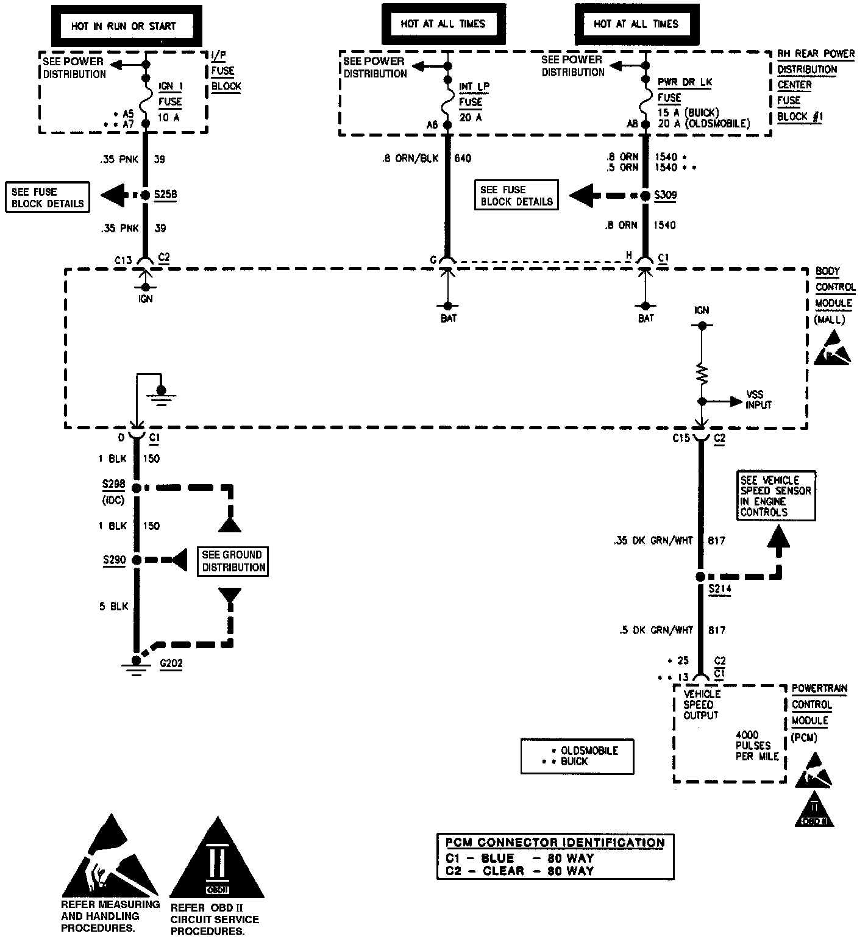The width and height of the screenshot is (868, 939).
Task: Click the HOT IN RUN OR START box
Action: (x=123, y=26)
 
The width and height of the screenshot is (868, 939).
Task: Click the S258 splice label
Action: (x=166, y=195)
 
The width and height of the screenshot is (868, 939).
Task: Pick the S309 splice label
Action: (x=665, y=196)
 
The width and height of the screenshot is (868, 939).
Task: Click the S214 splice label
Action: (x=720, y=589)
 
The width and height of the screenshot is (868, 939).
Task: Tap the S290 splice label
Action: (x=114, y=560)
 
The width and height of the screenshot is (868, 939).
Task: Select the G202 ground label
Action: (x=171, y=663)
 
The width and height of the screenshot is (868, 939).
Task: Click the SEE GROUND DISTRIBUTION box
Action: (x=234, y=561)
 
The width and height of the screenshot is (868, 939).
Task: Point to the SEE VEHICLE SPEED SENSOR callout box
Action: (x=775, y=496)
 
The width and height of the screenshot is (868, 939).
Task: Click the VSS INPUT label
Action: (x=759, y=400)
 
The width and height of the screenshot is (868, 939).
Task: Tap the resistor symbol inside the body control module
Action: (x=702, y=373)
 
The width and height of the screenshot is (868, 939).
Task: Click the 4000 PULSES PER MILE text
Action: (x=757, y=746)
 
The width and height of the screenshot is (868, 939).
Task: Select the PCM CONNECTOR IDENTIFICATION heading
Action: (x=555, y=843)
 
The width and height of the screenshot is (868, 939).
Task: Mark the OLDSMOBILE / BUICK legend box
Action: (x=577, y=757)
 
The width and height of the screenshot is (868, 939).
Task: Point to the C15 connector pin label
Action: (x=681, y=438)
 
